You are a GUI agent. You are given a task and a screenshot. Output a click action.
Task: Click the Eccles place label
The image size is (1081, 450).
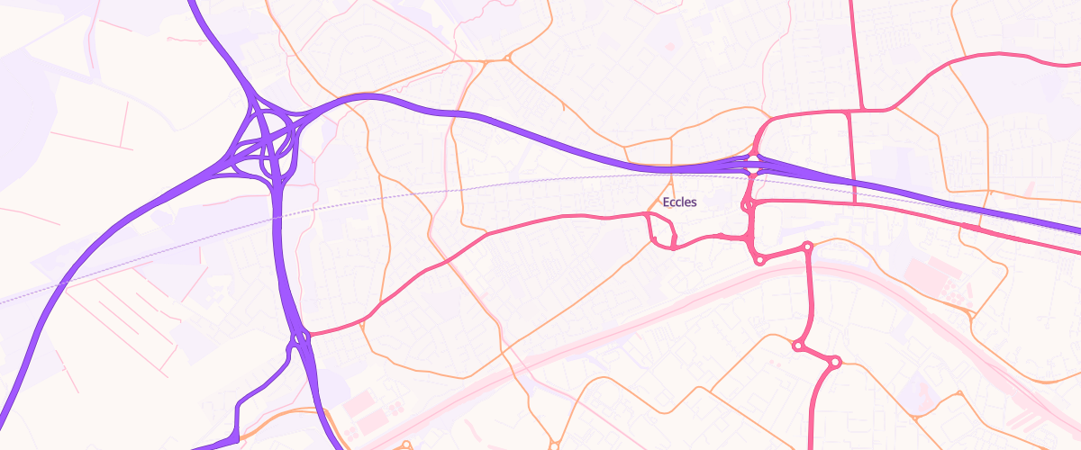(679, 202)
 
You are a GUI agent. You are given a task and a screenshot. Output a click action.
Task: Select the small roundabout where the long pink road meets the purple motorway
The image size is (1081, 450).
(300, 338)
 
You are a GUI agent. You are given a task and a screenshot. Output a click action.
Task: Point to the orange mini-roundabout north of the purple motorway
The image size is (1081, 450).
(508, 60)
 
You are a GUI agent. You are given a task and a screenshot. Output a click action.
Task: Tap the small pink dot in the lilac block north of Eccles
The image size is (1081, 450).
(669, 46)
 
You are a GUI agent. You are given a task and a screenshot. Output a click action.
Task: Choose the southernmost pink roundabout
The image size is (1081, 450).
(834, 362)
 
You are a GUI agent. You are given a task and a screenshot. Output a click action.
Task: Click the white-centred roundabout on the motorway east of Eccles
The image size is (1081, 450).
(753, 162)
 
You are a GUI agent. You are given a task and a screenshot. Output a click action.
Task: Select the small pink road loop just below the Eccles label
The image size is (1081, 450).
(662, 231)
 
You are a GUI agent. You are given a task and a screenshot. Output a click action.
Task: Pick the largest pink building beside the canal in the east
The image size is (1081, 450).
(928, 270)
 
